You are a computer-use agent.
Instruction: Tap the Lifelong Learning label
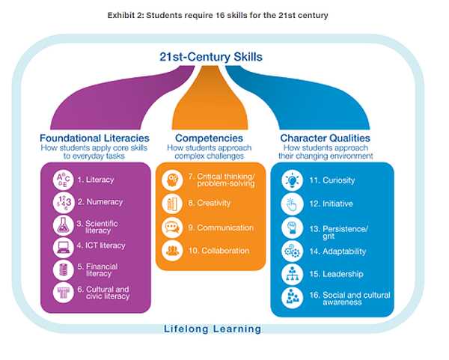[213, 328]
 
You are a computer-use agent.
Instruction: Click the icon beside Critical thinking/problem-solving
[171, 180]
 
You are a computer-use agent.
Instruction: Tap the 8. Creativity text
[210, 203]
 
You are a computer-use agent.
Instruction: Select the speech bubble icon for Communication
[171, 228]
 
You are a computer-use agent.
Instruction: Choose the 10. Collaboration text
[219, 251]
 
